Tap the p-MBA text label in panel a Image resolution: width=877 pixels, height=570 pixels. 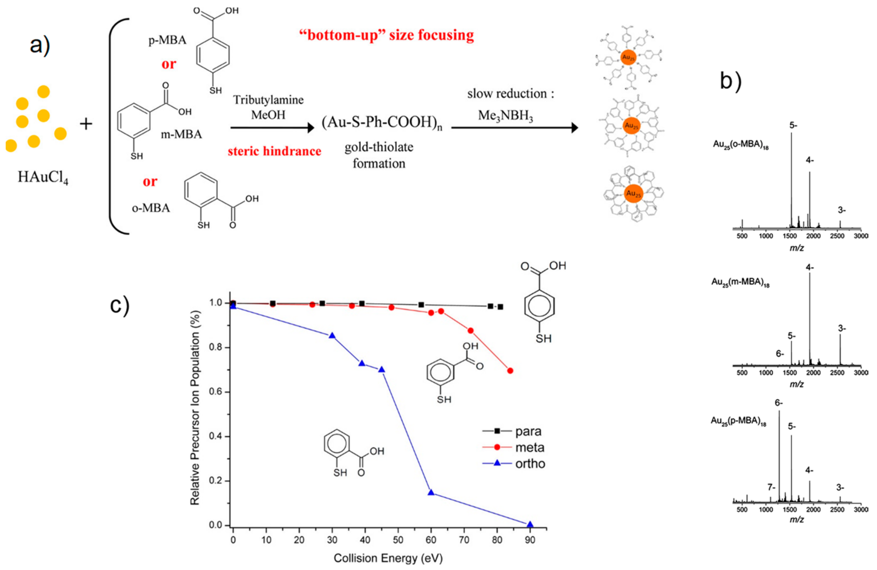(167, 40)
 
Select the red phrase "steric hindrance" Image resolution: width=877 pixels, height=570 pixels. (274, 151)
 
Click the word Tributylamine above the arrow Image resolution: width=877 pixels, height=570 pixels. (268, 100)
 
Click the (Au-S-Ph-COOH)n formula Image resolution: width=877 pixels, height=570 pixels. (382, 123)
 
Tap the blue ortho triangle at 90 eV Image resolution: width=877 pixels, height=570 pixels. (530, 525)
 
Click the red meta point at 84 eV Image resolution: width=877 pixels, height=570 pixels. (510, 371)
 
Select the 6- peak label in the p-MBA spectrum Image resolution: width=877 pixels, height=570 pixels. (779, 403)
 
